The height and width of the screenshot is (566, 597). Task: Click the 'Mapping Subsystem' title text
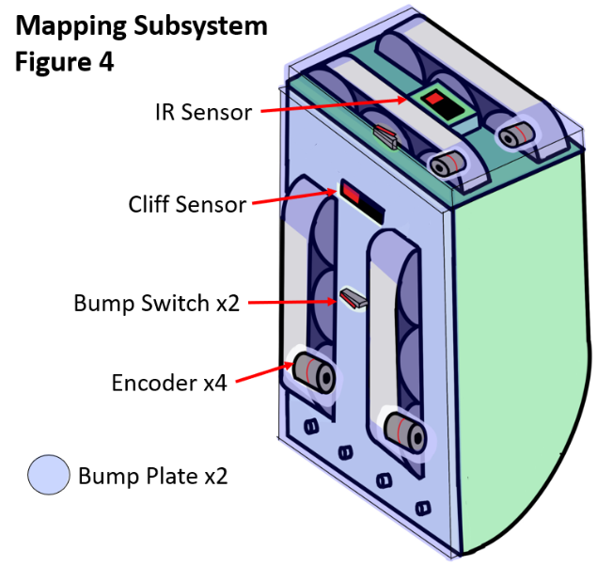click(x=141, y=27)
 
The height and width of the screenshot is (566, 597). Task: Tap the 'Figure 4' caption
click(x=64, y=62)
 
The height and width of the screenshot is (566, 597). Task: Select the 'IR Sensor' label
click(x=203, y=112)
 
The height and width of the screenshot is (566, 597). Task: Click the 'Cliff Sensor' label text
click(x=187, y=204)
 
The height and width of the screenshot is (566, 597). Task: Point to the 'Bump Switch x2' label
click(x=156, y=304)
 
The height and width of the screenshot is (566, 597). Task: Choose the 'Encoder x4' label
click(x=169, y=383)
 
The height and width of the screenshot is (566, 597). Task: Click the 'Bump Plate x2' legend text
click(x=152, y=476)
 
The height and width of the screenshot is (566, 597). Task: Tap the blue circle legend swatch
click(x=49, y=475)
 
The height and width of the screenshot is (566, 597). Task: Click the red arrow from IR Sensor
click(x=334, y=105)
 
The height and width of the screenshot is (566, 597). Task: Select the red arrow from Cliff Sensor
click(x=294, y=197)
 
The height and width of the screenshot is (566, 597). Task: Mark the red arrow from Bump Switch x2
click(x=292, y=302)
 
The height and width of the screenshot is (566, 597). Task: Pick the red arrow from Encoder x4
click(x=264, y=372)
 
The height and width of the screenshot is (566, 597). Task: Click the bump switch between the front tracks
click(x=353, y=298)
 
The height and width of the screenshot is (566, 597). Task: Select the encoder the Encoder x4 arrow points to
click(x=314, y=373)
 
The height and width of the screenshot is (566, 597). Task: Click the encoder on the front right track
click(x=404, y=432)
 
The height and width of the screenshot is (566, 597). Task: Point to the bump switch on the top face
click(x=385, y=136)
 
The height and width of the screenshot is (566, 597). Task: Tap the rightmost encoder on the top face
click(x=515, y=134)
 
